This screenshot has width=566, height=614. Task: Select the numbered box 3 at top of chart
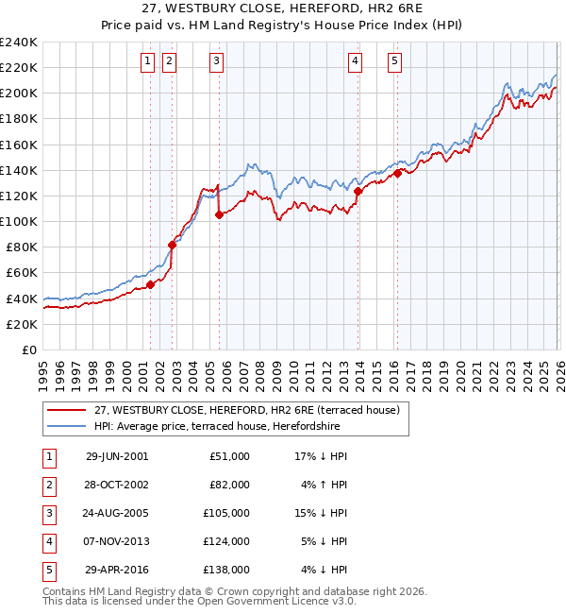pyautogui.click(x=217, y=62)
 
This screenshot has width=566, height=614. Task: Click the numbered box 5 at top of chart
pyautogui.click(x=394, y=62)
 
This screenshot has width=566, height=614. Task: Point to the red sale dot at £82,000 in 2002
pyautogui.click(x=173, y=246)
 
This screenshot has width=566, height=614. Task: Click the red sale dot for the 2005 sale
pyautogui.click(x=219, y=215)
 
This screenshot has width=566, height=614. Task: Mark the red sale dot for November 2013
pyautogui.click(x=358, y=191)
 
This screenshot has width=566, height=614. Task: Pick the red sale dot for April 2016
pyautogui.click(x=398, y=173)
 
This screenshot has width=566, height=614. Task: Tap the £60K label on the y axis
pyautogui.click(x=22, y=273)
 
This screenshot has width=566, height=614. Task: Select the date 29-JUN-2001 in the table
pyautogui.click(x=117, y=456)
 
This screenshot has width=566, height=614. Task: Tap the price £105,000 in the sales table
pyautogui.click(x=226, y=513)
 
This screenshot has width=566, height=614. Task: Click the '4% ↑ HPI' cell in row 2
pyautogui.click(x=322, y=485)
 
